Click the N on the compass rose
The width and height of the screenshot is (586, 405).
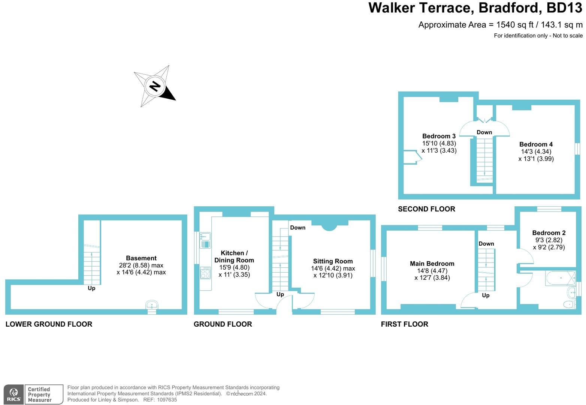pyautogui.click(x=155, y=86)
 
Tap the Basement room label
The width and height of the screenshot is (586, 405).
pyautogui.click(x=141, y=258)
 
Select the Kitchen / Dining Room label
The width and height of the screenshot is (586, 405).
pyautogui.click(x=234, y=256)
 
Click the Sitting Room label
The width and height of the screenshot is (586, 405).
pyautogui.click(x=333, y=261)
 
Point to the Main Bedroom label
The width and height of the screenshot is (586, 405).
pyautogui.click(x=432, y=264)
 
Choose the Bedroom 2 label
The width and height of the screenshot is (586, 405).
pyautogui.click(x=549, y=233)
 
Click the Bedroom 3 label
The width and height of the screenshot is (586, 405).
pyautogui.click(x=439, y=136)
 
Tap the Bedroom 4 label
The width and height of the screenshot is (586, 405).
pyautogui.click(x=536, y=144)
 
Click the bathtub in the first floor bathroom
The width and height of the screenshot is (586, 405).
pyautogui.click(x=561, y=278)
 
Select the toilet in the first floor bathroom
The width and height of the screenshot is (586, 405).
pyautogui.click(x=569, y=304)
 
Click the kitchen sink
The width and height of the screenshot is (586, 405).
pyautogui.click(x=205, y=240)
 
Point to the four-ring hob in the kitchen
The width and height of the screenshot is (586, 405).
pyautogui.click(x=205, y=273)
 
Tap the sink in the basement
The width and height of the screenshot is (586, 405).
pyautogui.click(x=152, y=304)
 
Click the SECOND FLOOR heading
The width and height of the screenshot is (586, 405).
pyautogui.click(x=426, y=209)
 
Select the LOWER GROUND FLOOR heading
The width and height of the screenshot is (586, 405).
pyautogui.click(x=49, y=324)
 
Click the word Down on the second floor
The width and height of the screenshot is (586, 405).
pyautogui.click(x=484, y=132)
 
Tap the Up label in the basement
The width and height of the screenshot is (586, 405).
pyautogui.click(x=91, y=288)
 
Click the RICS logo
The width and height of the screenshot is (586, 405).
pyautogui.click(x=13, y=394)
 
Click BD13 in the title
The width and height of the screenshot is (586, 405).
pyautogui.click(x=564, y=7)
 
